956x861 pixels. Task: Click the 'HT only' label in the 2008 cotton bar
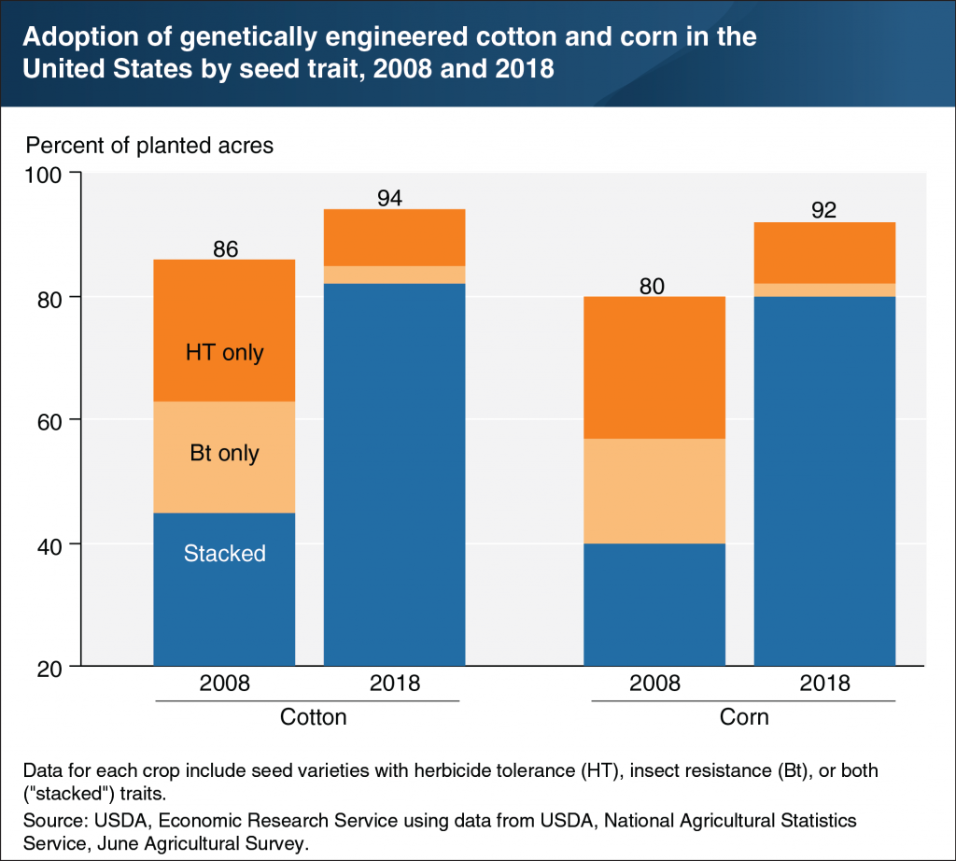[x=224, y=353]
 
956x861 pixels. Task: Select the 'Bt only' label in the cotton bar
[x=224, y=454]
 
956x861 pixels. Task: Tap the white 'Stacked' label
[x=224, y=553]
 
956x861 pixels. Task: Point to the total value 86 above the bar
[x=225, y=248]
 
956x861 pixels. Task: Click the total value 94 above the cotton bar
[x=394, y=198]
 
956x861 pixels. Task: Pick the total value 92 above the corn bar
[x=824, y=210]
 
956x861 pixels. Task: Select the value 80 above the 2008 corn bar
[x=654, y=285]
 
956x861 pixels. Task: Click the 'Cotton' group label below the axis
[x=314, y=717]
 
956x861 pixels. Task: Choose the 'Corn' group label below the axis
[x=744, y=717]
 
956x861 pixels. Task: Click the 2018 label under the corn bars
[x=824, y=683]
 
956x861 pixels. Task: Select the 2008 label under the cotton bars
[x=224, y=683]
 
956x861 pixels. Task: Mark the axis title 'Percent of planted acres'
[x=149, y=146]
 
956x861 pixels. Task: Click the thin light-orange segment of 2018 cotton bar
[x=394, y=275]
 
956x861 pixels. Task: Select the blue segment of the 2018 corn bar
[x=824, y=481]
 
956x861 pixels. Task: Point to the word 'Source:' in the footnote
[x=57, y=820]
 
